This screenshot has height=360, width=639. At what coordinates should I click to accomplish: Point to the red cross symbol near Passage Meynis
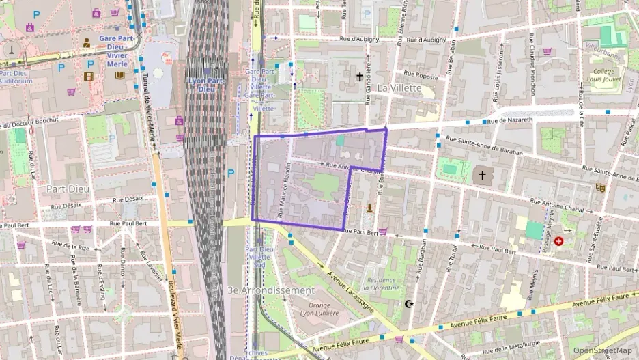pos(559,241)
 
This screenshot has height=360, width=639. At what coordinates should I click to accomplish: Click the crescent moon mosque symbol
pos(409,304)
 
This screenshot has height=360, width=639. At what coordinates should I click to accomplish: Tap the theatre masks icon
pos(601,187)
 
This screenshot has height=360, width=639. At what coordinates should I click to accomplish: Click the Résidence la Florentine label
pos(381,283)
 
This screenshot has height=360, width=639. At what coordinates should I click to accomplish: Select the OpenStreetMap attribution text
pos(602,350)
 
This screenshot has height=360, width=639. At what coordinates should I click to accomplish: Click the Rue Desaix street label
pos(65,206)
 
